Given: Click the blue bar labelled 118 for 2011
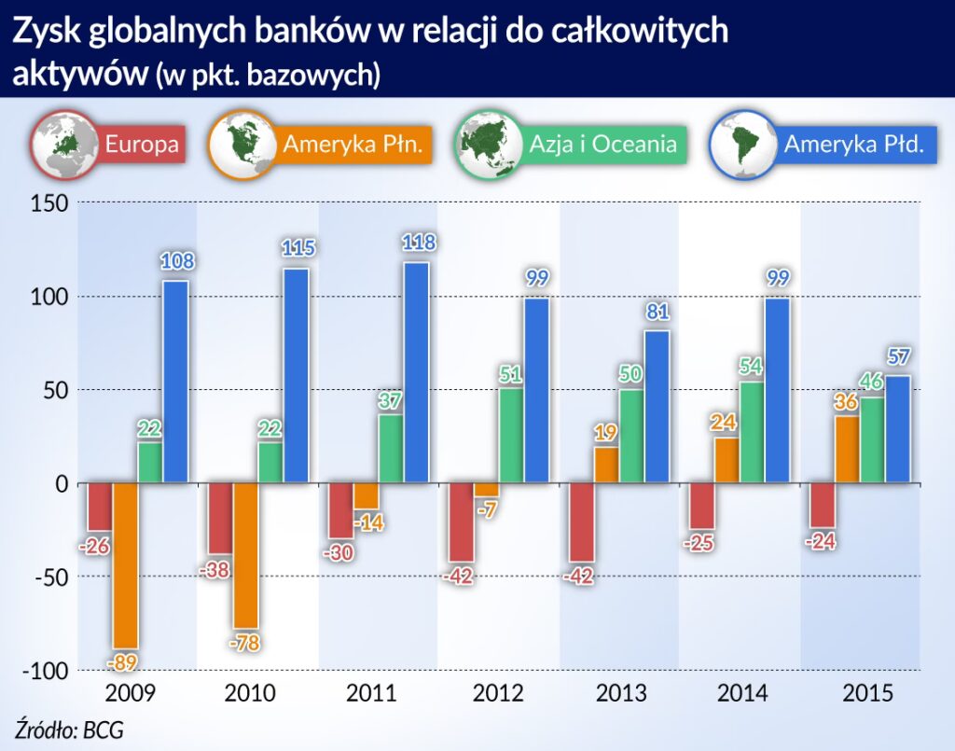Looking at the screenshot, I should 416,372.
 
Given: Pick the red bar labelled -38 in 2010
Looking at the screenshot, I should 221,518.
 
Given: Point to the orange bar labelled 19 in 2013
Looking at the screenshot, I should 606,465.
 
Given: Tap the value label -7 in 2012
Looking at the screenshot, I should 487,510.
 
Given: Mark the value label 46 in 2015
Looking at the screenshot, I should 873,382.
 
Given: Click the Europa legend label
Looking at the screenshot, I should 142,146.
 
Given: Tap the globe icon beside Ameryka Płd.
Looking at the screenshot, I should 742,145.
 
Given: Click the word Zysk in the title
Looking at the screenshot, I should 47,32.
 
